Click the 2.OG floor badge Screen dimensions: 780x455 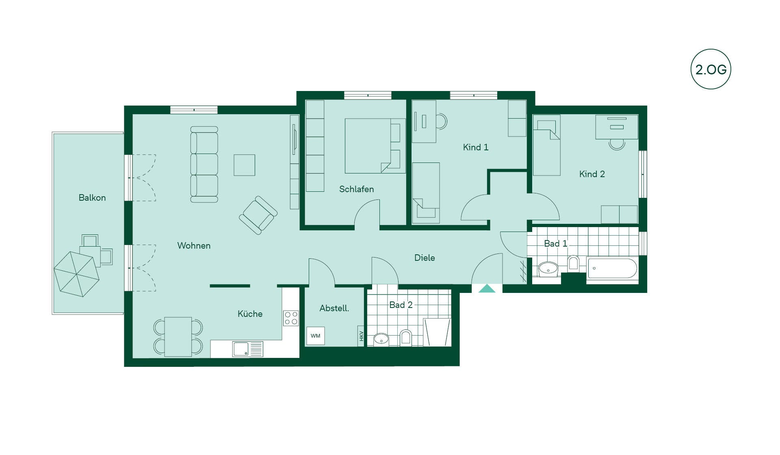click(x=711, y=69)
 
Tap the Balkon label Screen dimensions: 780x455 click(x=92, y=197)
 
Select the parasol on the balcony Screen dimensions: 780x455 click(x=77, y=274)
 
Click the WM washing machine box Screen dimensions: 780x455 click(x=315, y=336)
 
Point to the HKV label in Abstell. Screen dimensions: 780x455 click(x=361, y=336)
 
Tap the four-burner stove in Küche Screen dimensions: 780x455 click(x=291, y=318)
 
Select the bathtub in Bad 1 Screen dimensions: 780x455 click(x=612, y=268)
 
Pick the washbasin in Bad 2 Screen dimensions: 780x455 click(x=381, y=339)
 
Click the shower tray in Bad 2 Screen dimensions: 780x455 click(x=437, y=332)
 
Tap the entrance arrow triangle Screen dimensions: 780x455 click(x=487, y=288)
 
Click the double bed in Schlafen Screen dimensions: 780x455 click(x=375, y=146)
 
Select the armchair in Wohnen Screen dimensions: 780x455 click(x=258, y=215)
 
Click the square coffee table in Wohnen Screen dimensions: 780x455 click(x=244, y=165)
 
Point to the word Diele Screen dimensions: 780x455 click(x=425, y=258)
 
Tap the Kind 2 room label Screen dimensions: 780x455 click(x=592, y=174)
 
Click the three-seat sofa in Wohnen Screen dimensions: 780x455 click(x=204, y=165)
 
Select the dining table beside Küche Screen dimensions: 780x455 click(x=178, y=337)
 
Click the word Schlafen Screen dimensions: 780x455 click(x=356, y=189)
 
